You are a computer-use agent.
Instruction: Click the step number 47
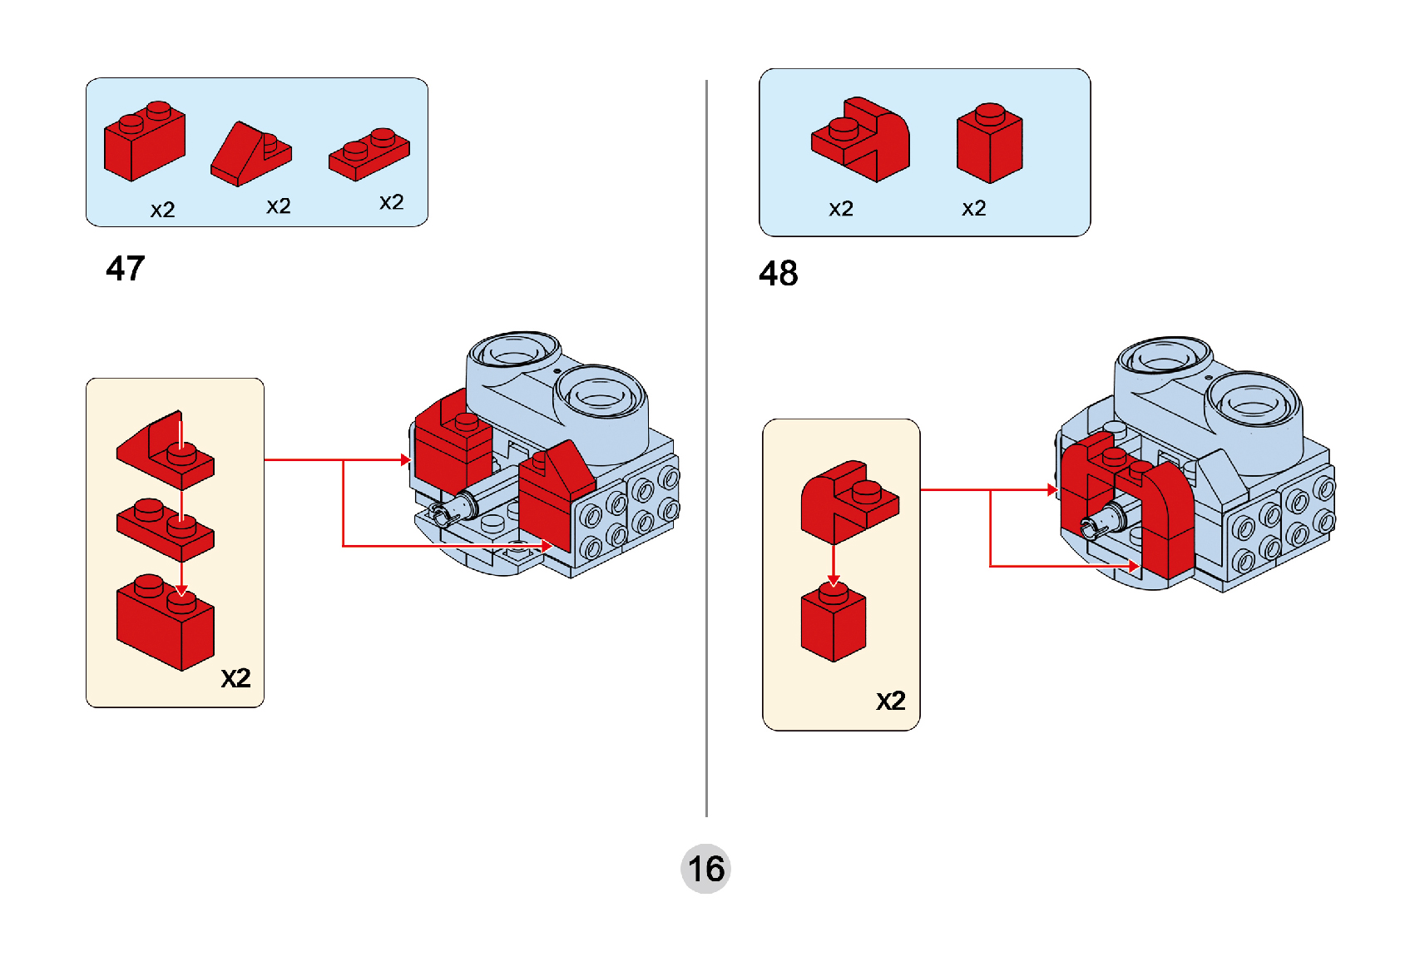point(126,269)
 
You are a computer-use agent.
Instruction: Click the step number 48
point(779,274)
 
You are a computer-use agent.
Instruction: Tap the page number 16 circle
point(705,870)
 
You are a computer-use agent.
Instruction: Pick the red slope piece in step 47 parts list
point(248,156)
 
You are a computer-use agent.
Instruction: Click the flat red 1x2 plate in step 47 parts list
point(369,155)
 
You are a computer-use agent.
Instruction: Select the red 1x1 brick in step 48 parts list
point(989,144)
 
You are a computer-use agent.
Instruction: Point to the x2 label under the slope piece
point(279,206)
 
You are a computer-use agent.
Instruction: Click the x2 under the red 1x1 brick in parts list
point(974,208)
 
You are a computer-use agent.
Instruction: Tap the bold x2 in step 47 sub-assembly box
point(235,678)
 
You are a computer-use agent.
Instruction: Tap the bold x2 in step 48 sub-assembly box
point(891,701)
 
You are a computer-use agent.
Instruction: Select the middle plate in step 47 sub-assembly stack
point(165,530)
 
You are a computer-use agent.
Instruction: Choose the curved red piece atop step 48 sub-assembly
point(849,499)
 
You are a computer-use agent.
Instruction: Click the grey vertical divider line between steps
point(706,449)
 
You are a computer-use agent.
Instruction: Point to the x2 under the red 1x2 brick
point(163,210)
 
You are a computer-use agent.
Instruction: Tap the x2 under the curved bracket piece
point(841,208)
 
